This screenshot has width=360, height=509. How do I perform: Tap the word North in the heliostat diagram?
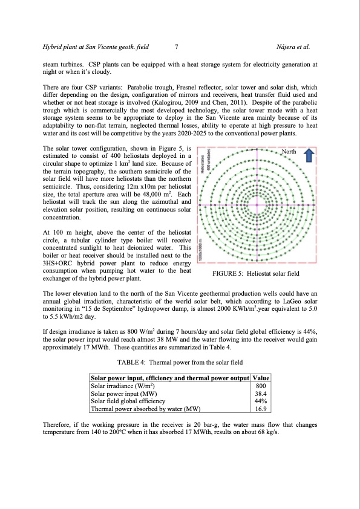pyautogui.click(x=292, y=151)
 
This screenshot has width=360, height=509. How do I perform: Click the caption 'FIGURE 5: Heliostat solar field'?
pyautogui.click(x=256, y=274)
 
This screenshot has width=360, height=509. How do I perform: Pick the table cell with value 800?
pyautogui.click(x=260, y=385)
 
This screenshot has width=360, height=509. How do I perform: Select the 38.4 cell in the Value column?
pyautogui.click(x=260, y=393)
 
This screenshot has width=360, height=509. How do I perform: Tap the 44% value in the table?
pyautogui.click(x=260, y=401)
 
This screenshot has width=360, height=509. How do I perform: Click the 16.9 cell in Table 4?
pyautogui.click(x=260, y=409)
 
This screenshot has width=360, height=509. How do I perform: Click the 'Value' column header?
pyautogui.click(x=260, y=377)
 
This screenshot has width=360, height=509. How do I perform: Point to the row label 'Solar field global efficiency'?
pyautogui.click(x=128, y=401)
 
